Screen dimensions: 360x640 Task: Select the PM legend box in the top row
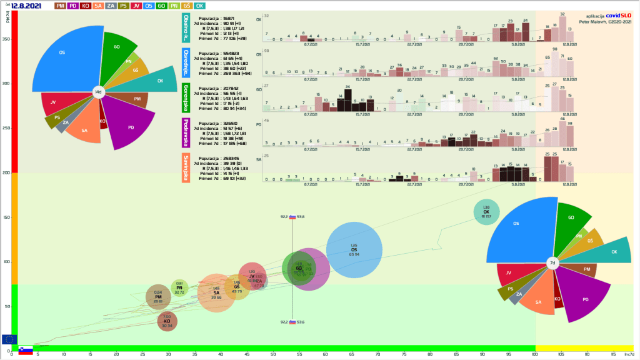point(61,6)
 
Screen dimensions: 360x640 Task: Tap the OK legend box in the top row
point(199,6)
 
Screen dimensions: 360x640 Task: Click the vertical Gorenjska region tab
point(186,97)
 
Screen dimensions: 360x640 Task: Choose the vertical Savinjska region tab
point(186,167)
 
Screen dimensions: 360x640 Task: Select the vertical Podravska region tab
point(186,132)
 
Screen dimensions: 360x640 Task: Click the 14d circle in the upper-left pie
point(98,92)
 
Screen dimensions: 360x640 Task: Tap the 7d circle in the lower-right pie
point(552,264)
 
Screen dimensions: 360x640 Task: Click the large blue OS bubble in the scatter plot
point(354,250)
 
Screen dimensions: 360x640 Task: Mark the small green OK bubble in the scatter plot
point(486,212)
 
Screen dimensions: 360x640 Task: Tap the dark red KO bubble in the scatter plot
point(167,322)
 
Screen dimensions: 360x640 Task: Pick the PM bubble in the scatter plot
point(158,297)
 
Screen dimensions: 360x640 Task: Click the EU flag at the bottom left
point(9,339)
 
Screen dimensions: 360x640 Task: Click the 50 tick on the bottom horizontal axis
point(273,355)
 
